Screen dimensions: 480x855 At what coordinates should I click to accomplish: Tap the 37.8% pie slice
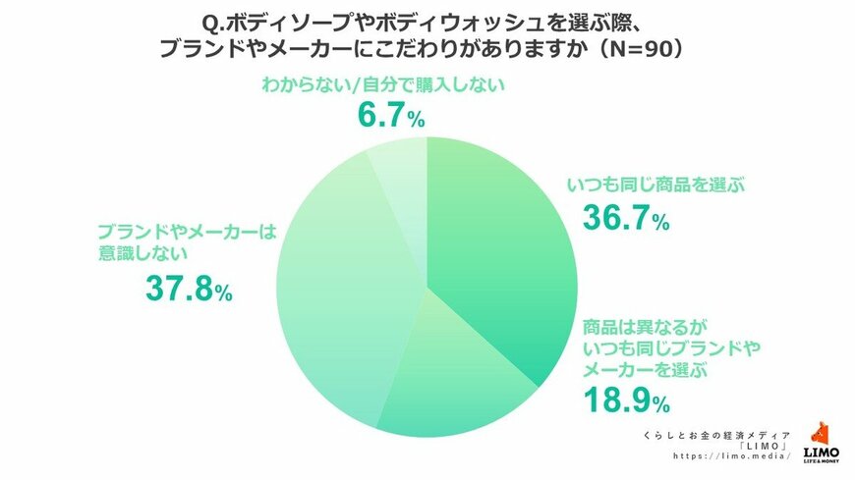point(344,294)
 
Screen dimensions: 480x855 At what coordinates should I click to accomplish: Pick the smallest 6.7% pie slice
point(403,172)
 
